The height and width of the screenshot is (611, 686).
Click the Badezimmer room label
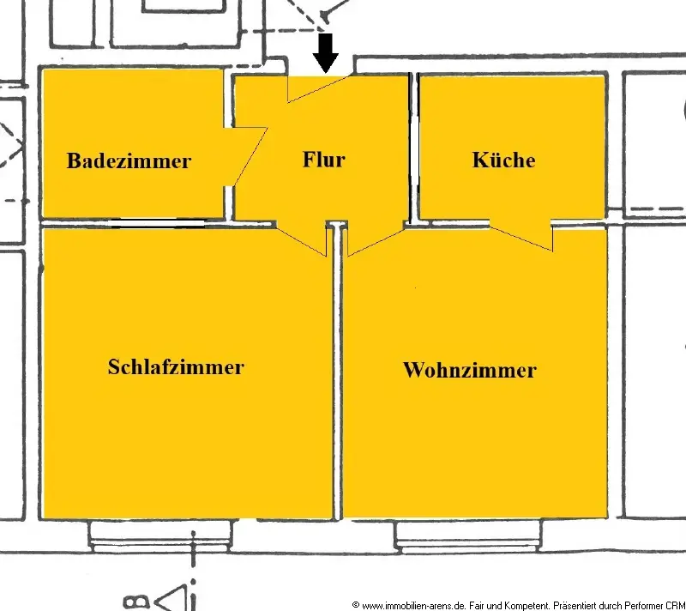click(129, 160)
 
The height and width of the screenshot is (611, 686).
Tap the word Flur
click(323, 159)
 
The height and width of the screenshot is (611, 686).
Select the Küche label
click(503, 160)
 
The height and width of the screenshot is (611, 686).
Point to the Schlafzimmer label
click(176, 366)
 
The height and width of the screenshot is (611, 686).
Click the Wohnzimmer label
click(469, 370)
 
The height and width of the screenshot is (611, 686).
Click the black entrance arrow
click(326, 52)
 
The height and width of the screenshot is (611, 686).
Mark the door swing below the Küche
click(523, 237)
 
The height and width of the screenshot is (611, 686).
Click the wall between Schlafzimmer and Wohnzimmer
click(338, 378)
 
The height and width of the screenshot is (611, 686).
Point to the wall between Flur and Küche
click(413, 146)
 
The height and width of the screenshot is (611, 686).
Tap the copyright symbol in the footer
click(355, 605)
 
